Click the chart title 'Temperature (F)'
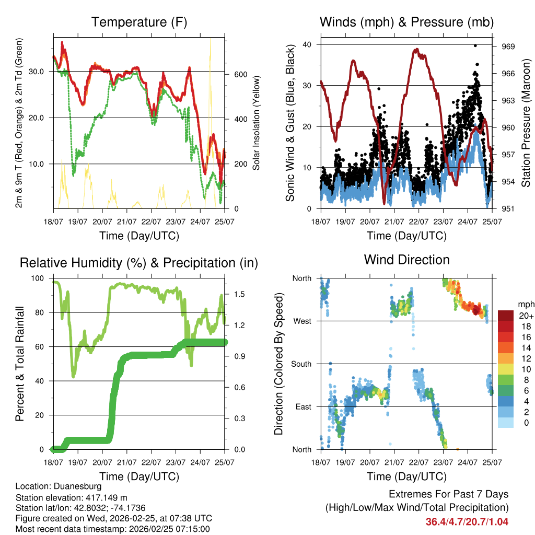click(139, 22)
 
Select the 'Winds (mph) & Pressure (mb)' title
click(406, 22)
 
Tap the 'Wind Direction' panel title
click(406, 260)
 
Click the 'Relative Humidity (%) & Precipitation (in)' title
click(139, 263)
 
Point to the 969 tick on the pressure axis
click(509, 46)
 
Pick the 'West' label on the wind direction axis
click(301, 321)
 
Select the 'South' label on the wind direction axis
click(300, 364)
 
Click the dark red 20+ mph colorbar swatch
click(506, 316)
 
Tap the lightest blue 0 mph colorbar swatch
click(506, 423)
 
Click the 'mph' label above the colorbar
click(525, 304)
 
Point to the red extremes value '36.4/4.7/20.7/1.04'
click(467, 521)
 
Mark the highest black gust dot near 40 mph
click(475, 45)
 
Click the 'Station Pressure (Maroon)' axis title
click(526, 123)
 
